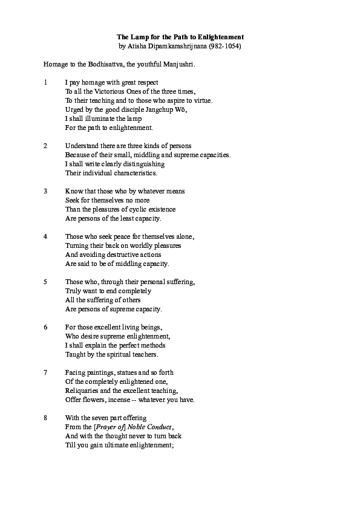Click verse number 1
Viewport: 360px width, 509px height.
(x=45, y=82)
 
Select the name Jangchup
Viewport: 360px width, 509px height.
(x=159, y=109)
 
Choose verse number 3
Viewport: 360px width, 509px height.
(x=45, y=191)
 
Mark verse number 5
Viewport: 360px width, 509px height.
(x=45, y=282)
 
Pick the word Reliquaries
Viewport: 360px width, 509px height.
(x=82, y=391)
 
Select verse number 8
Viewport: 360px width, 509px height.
(x=45, y=418)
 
